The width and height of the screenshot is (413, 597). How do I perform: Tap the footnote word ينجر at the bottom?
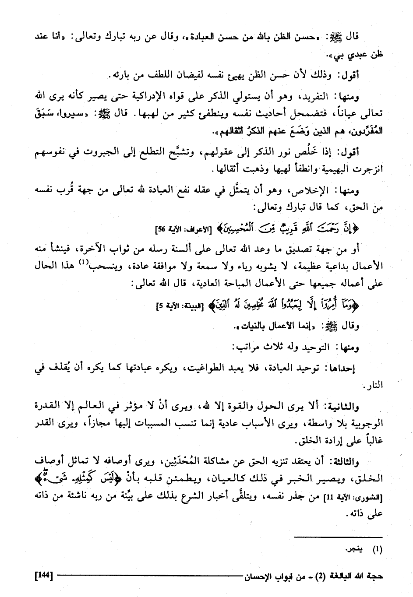[x=352, y=550]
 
